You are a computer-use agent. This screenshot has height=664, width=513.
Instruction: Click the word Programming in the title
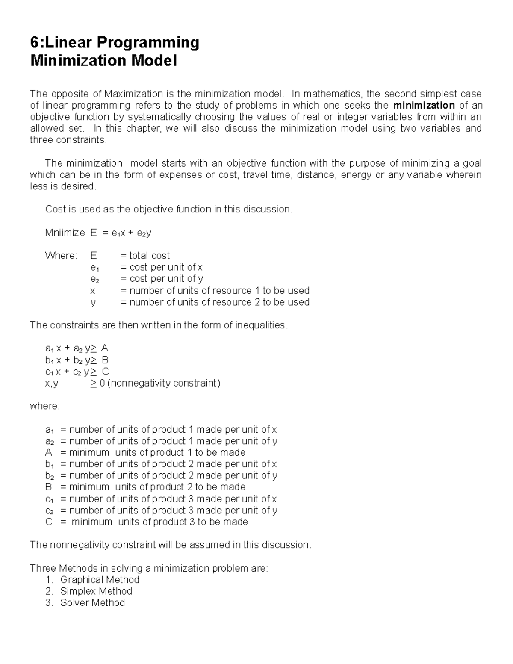[148, 43]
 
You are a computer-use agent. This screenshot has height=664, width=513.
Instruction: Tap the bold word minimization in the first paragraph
[424, 105]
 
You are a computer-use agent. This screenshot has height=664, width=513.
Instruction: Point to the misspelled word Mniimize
[65, 233]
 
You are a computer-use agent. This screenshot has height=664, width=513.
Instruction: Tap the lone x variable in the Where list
[93, 291]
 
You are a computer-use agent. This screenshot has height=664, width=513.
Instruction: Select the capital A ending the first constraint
[105, 348]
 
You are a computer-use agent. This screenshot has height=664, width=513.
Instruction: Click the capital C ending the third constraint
[105, 372]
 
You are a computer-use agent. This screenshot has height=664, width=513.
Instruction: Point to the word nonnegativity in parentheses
[139, 383]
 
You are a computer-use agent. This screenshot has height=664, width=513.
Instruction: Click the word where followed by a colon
[44, 406]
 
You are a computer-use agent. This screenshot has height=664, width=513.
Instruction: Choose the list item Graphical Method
[100, 580]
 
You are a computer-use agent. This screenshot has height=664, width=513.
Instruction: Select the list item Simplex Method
[96, 591]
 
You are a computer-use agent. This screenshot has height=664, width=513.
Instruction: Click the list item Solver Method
[92, 603]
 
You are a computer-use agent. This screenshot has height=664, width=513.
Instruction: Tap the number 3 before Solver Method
[48, 603]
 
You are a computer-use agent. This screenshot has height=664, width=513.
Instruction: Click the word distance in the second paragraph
[316, 175]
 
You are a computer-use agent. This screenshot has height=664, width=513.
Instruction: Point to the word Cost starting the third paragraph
[55, 209]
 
